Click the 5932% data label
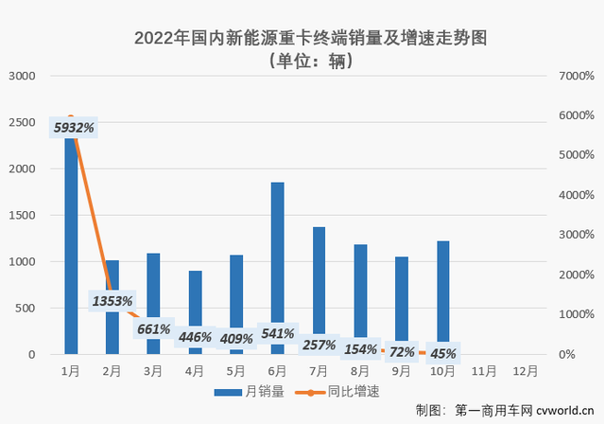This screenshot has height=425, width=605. click(x=74, y=126)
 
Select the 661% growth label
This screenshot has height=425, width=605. click(x=153, y=329)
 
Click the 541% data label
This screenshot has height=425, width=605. click(x=277, y=333)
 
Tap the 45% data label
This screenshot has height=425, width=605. click(x=442, y=354)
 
